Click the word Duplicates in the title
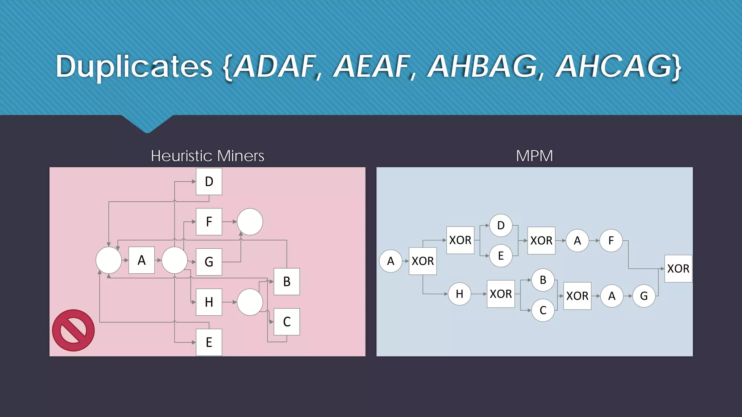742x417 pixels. (134, 67)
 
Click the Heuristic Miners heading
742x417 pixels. (207, 156)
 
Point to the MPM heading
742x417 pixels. (534, 156)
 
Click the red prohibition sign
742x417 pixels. (73, 330)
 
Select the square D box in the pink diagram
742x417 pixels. (209, 182)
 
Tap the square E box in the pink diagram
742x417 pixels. (209, 342)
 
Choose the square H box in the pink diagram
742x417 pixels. (209, 302)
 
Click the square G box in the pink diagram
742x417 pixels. (209, 262)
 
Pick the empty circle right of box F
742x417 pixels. (250, 222)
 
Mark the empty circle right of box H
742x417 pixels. (250, 302)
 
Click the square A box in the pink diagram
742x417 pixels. (142, 260)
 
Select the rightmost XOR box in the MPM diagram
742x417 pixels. (678, 269)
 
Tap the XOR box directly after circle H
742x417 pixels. (501, 294)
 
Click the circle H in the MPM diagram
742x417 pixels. (459, 294)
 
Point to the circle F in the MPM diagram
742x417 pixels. (611, 241)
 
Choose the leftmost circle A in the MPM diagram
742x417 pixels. (391, 261)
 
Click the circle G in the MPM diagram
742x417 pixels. (644, 296)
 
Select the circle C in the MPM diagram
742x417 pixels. (543, 310)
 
